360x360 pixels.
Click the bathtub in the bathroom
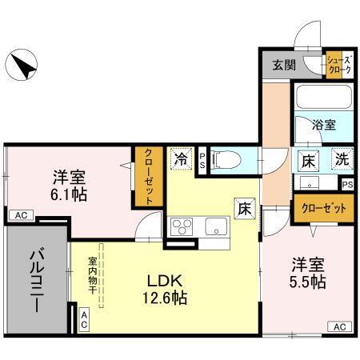point(323,100)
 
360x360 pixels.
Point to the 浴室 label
point(323,126)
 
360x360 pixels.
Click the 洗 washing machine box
point(342,158)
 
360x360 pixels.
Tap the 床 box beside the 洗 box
point(309,158)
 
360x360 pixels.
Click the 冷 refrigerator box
point(181,158)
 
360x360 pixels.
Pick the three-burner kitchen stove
point(183,226)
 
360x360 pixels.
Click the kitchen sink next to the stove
point(217,226)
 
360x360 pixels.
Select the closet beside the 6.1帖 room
point(148,175)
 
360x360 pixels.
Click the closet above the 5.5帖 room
point(323,209)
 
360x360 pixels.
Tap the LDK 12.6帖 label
point(166,290)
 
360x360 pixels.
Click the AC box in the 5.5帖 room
point(339,326)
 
